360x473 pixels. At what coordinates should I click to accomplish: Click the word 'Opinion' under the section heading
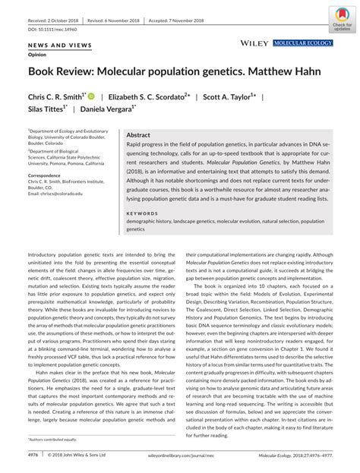click(x=38, y=55)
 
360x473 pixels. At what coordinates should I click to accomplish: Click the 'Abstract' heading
click(x=138, y=133)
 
